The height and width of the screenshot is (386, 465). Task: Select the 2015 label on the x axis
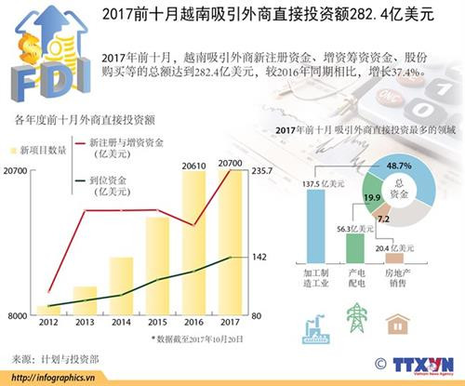157,323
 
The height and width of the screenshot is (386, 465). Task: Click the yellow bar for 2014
121,286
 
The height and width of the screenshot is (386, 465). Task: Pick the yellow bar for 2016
193,244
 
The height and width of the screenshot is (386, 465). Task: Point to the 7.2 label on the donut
382,220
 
